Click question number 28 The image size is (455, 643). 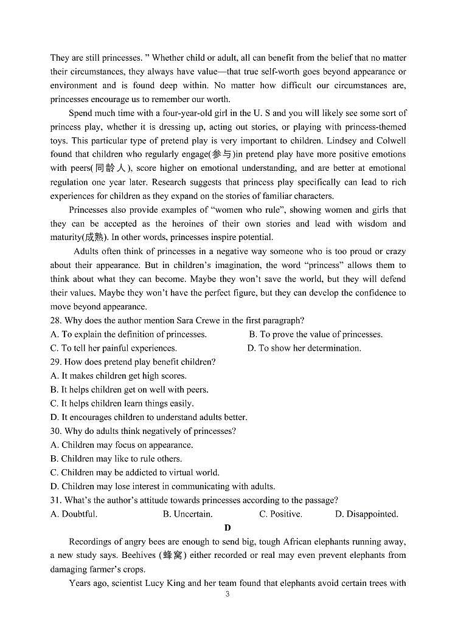point(56,320)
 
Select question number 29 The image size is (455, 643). point(56,362)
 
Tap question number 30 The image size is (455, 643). point(56,432)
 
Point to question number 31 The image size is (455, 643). point(56,501)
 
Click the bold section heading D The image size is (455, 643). point(227,528)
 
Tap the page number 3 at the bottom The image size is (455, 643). point(227,594)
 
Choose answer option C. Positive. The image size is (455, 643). point(280,514)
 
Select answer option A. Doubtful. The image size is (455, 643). point(74,514)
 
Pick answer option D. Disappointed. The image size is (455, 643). point(366,514)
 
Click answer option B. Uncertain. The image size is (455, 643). point(187,514)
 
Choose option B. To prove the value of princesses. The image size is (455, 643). point(316,334)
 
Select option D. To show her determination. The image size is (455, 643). point(304,348)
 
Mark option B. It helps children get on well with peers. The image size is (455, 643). point(130,390)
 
